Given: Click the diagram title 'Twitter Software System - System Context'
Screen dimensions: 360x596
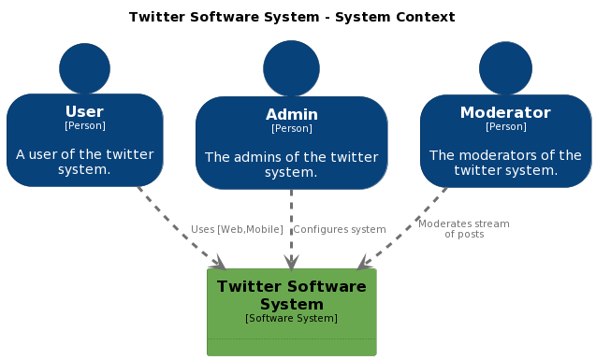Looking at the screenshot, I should [292, 17].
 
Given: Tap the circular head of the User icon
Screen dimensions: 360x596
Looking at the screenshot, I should [84, 68].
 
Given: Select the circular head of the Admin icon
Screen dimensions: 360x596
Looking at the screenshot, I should [291, 68].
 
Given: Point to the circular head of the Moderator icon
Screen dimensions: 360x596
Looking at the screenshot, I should [505, 68].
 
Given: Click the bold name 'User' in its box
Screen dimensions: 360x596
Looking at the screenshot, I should [84, 112].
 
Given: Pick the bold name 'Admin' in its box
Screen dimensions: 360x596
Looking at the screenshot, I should [291, 115].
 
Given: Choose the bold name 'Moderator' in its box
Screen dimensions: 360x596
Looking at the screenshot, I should [505, 113].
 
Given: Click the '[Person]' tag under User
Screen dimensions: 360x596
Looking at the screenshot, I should [84, 126].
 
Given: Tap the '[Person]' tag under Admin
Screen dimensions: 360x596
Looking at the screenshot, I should [291, 129].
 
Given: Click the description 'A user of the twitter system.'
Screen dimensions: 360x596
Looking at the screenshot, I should [84, 162].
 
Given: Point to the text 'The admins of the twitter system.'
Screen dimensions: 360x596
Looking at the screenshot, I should [291, 165].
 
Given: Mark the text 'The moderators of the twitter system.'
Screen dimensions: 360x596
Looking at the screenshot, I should [505, 163].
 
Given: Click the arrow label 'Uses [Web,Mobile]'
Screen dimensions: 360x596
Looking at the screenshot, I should [237, 229].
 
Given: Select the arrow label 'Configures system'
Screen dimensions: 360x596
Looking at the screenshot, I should [339, 229].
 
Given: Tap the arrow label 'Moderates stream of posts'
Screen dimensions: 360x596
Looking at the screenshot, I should [464, 229].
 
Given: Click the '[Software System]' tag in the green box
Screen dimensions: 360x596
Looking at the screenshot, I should [291, 319].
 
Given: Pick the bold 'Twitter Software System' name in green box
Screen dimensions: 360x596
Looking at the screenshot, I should [291, 295].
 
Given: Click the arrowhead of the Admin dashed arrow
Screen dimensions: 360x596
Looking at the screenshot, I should [291, 263].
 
